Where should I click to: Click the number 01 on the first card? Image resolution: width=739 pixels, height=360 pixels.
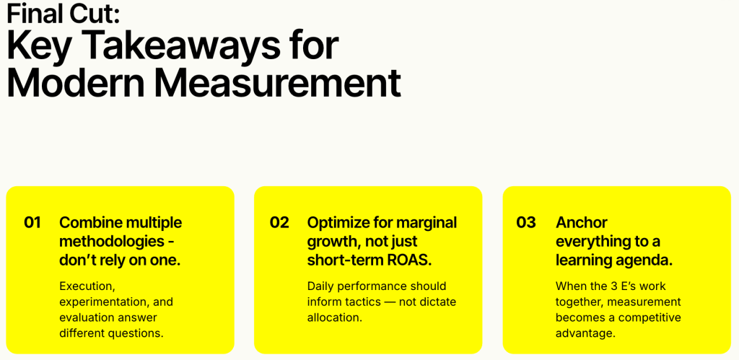point(32,222)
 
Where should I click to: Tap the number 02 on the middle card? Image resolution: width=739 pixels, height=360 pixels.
point(279,222)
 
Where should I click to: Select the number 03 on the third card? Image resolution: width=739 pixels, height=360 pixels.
point(526,222)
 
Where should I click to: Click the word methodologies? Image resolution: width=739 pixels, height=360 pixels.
point(110,241)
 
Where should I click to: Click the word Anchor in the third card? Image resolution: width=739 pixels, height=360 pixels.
point(582,222)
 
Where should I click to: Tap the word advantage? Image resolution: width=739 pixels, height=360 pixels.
point(585,333)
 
